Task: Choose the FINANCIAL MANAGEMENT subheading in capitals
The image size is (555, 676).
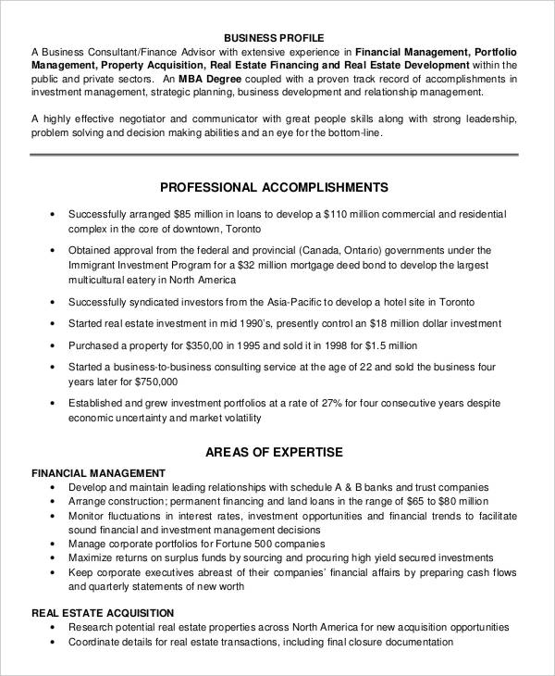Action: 99,472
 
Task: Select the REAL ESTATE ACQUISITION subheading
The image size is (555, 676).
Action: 102,612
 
